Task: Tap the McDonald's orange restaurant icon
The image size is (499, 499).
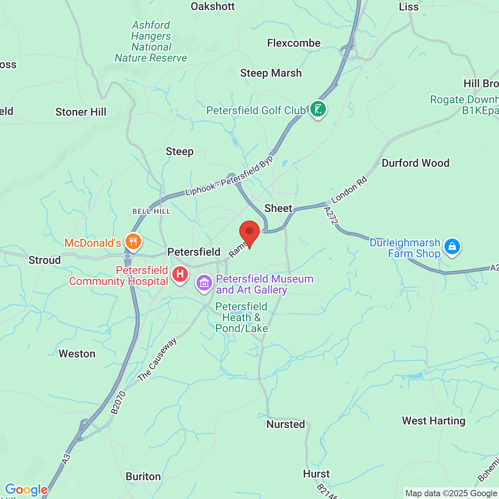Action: [133, 242]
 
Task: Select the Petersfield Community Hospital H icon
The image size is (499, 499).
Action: [180, 274]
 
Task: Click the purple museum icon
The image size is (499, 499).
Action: [204, 283]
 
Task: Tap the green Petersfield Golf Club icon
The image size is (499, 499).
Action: [318, 109]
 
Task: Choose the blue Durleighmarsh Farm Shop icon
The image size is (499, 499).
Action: [452, 247]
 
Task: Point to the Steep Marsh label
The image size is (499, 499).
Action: [271, 73]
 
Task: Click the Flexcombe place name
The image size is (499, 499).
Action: [294, 43]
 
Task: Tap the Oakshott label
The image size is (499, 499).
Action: [213, 6]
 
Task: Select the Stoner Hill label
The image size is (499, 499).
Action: [81, 112]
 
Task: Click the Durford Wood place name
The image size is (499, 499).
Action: [415, 163]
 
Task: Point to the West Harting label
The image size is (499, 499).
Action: [434, 421]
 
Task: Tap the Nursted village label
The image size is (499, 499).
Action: [286, 424]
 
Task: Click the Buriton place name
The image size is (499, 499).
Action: [143, 477]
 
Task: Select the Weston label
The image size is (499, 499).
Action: [77, 354]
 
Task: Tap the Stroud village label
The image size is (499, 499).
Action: [44, 260]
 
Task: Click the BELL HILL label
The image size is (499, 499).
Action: [151, 211]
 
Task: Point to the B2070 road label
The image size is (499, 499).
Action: [118, 403]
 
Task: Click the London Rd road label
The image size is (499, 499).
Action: [349, 190]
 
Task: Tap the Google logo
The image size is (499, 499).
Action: [26, 490]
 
